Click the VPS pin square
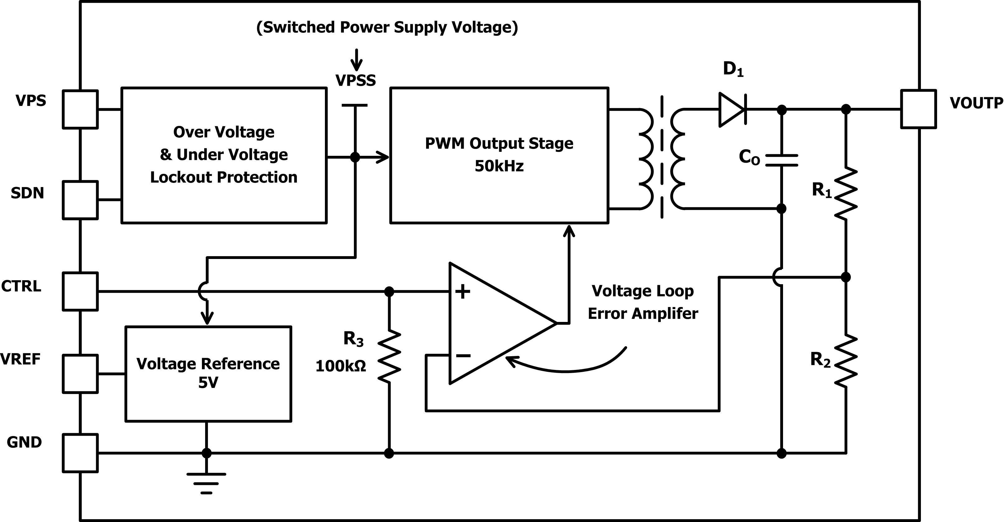point(80,109)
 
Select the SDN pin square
point(80,200)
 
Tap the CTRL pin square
point(80,291)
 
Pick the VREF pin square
point(80,373)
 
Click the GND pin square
point(80,453)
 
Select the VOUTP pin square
point(918,109)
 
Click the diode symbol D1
point(732,110)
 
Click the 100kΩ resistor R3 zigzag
point(389,356)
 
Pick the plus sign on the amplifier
point(463,291)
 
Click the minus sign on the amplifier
point(463,355)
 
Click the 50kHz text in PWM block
point(499,166)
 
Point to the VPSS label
point(355,80)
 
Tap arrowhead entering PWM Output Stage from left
point(384,157)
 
